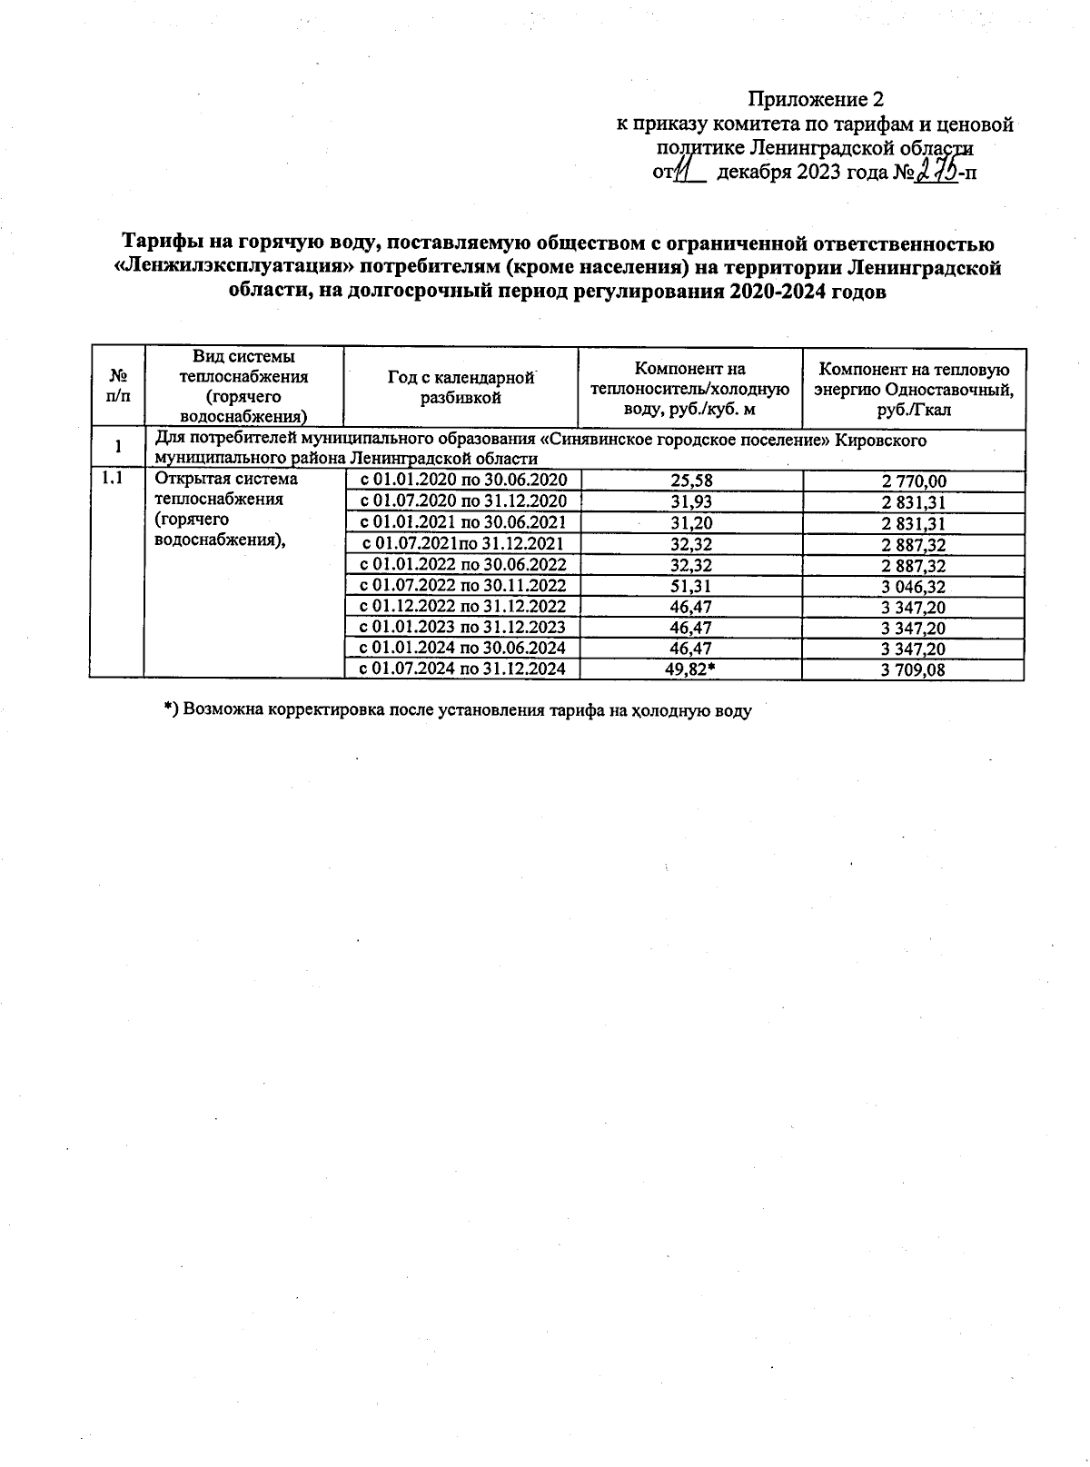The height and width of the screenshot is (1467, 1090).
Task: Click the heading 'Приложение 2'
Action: [x=815, y=99]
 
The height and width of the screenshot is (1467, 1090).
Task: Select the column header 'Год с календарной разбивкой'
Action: [x=461, y=388]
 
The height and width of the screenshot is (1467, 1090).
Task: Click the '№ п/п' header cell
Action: [x=117, y=388]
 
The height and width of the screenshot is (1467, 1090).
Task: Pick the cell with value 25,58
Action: [x=690, y=481]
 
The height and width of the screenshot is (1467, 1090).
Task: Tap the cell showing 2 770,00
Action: [x=913, y=481]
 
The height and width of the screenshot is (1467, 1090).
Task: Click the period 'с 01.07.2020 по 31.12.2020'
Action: [x=463, y=501]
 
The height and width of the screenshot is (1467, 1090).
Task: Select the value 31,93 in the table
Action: [x=690, y=502]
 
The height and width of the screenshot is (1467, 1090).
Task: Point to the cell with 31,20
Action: [x=690, y=523]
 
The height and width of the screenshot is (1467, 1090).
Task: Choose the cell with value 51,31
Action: [x=690, y=586]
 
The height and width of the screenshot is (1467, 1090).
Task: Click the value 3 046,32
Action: [x=913, y=587]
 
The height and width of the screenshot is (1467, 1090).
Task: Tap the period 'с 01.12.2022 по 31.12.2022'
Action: [x=463, y=607]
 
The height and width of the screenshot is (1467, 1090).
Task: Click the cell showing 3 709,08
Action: [x=913, y=670]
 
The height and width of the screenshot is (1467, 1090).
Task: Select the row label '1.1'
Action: [x=113, y=479]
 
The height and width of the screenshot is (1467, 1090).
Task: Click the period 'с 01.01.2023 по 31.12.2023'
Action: [x=463, y=628]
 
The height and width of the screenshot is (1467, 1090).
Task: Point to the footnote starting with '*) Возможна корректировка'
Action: [x=458, y=710]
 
